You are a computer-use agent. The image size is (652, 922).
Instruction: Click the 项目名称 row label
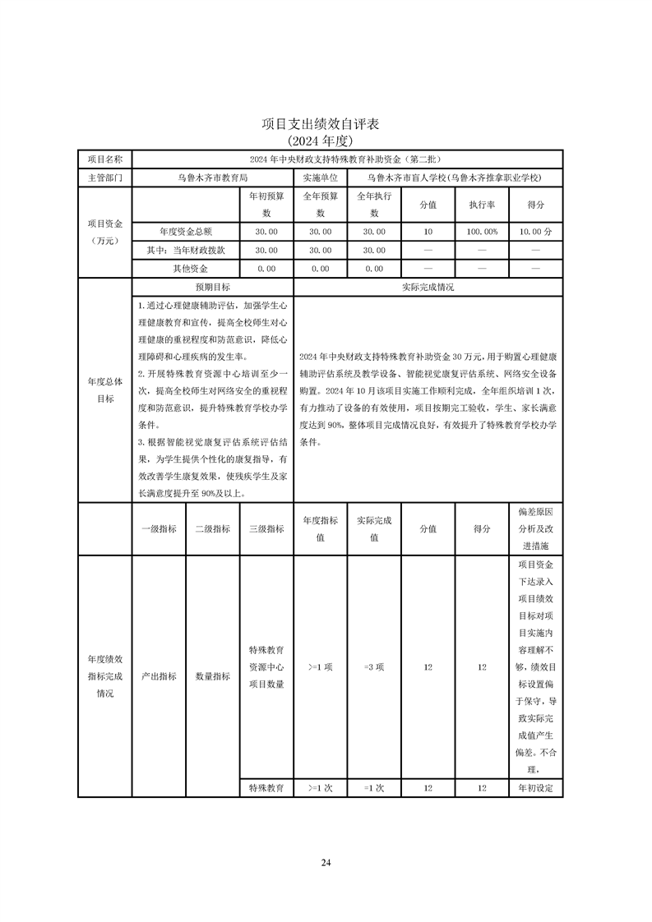[x=104, y=159]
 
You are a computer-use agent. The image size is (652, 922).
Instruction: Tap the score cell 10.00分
[x=536, y=232]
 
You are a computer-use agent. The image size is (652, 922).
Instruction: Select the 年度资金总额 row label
[x=186, y=232]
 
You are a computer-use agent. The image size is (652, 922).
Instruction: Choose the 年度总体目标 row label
[x=104, y=390]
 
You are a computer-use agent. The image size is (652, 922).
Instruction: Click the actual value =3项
[x=374, y=667]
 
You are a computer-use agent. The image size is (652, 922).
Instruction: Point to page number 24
[x=326, y=863]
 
